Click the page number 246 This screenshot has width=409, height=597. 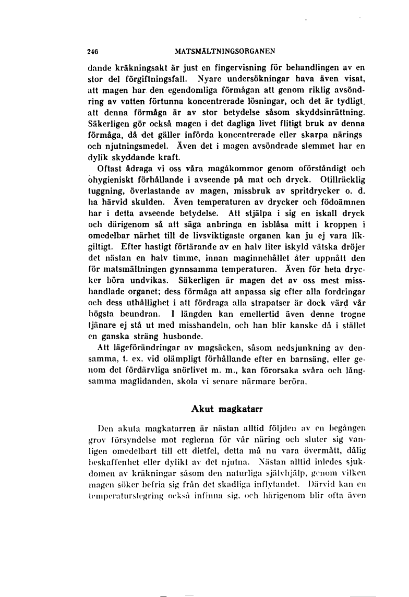click(x=93, y=51)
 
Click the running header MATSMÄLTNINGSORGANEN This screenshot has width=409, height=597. click(x=225, y=51)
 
